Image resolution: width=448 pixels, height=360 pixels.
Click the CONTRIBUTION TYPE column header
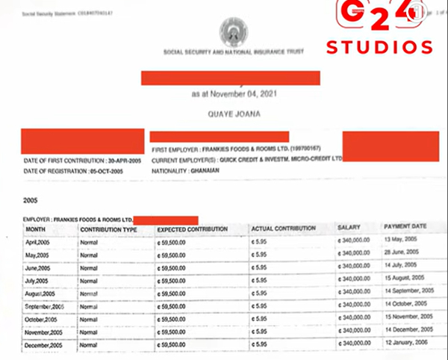pos(109,229)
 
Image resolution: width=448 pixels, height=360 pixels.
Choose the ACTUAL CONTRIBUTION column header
pos(284,228)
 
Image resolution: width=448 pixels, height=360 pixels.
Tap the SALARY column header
pos(349,227)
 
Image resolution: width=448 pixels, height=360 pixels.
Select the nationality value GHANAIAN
pos(202,170)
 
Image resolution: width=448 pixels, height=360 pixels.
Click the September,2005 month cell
pos(45,307)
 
